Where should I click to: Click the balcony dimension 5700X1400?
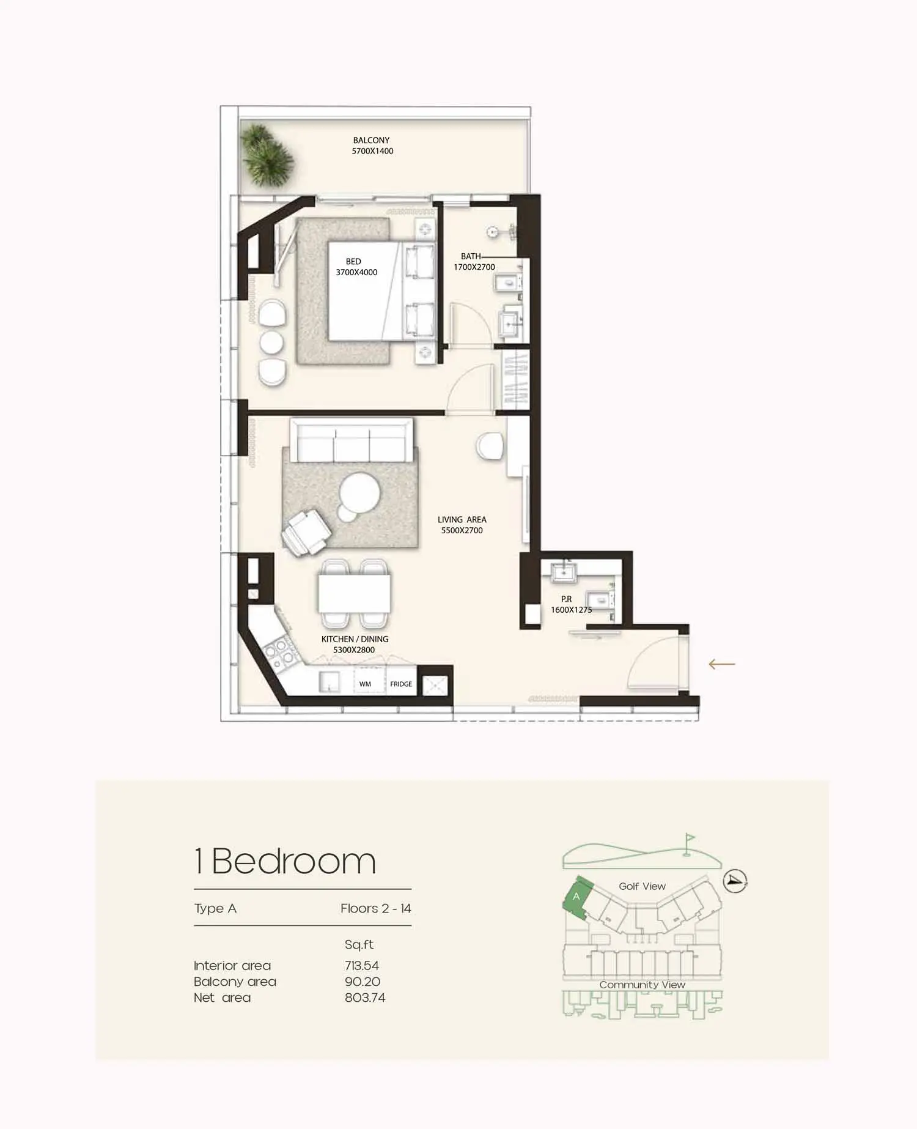[372, 151]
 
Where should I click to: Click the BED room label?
[353, 262]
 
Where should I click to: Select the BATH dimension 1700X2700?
[474, 267]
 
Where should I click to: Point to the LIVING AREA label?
[462, 520]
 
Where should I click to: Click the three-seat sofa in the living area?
[352, 440]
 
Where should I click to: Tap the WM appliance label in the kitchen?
[365, 684]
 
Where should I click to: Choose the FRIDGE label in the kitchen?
[401, 684]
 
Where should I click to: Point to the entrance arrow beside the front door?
[722, 664]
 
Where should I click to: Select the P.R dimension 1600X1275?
[572, 610]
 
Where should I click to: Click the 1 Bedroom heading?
[285, 861]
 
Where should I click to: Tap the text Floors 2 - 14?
[376, 909]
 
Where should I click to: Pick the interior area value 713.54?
[362, 966]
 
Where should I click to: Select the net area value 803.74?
[365, 998]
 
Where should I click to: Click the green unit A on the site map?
[576, 897]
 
